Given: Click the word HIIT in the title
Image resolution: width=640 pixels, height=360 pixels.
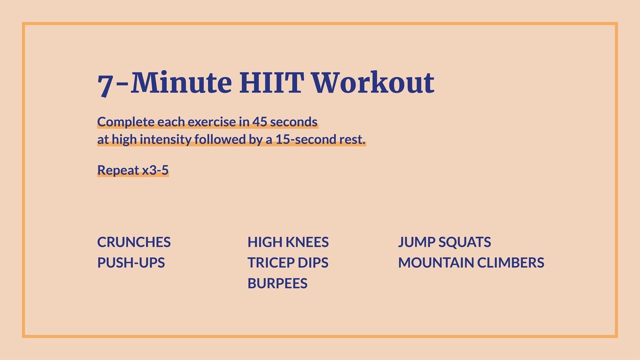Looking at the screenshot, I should tap(271, 83).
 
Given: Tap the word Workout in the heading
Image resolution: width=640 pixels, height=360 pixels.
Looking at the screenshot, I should tap(372, 83).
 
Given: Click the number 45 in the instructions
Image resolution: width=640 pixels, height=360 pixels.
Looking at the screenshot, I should tap(259, 122).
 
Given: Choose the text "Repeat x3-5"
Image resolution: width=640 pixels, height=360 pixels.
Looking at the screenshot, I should tap(133, 170).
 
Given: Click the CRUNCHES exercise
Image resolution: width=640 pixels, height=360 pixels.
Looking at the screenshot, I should tap(134, 242).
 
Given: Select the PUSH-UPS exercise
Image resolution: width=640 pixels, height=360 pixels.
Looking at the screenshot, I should tap(131, 263).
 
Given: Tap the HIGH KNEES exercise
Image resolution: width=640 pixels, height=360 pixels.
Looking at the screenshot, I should tap(288, 242).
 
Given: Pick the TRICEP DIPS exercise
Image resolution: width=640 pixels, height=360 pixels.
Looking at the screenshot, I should tap(288, 263).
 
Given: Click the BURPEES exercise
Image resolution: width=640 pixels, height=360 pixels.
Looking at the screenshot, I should tap(277, 283).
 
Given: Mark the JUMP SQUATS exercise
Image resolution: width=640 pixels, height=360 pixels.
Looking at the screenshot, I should tap(444, 242).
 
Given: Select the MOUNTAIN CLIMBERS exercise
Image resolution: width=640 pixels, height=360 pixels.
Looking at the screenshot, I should tap(471, 263).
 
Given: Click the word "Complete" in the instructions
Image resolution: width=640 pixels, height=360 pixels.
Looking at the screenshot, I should tap(126, 122).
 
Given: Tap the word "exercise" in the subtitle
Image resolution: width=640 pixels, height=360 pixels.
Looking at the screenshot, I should tap(211, 122).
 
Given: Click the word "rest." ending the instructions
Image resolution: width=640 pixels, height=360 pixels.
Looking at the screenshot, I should tap(352, 139).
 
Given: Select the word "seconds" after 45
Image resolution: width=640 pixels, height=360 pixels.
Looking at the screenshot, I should tap(294, 122).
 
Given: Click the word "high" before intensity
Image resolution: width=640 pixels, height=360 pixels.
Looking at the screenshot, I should tap(124, 139).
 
